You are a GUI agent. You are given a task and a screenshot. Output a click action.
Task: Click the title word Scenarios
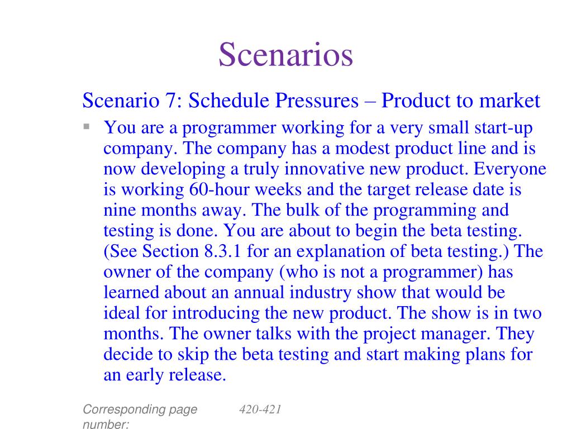[285, 55]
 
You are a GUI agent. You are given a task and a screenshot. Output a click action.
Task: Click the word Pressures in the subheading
[317, 101]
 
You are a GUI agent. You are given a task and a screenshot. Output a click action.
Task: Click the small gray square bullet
[87, 127]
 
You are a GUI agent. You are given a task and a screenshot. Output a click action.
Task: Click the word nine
[120, 211]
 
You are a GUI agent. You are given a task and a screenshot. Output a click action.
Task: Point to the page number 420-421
[260, 409]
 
